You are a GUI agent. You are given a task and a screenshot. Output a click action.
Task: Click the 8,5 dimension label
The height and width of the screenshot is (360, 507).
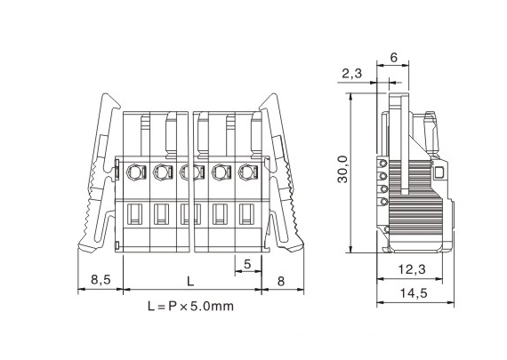tap(101, 279)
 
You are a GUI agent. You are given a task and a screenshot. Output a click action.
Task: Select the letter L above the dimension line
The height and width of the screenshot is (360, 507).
tap(190, 281)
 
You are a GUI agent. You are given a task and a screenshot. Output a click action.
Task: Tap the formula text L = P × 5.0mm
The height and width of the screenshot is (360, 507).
tap(190, 306)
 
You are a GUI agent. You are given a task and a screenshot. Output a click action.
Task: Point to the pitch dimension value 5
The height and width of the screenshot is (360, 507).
tap(247, 264)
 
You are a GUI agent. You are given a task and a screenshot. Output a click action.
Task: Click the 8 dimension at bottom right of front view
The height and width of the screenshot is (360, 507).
tap(281, 281)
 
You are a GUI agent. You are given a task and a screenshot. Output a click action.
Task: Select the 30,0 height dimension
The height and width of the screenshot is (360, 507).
tap(342, 169)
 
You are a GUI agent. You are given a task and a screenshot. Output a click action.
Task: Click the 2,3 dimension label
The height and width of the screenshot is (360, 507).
tap(352, 74)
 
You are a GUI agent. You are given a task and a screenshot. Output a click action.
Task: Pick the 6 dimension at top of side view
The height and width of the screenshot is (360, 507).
tap(393, 58)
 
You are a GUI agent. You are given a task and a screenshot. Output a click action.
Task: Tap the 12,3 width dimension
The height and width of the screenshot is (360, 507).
tap(412, 269)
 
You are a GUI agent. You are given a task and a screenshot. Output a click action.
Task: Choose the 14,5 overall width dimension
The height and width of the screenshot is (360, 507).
tap(414, 293)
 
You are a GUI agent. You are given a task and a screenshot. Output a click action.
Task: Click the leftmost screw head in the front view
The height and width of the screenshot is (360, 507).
tap(133, 172)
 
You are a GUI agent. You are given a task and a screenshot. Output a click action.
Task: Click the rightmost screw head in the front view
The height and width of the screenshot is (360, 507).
tap(245, 172)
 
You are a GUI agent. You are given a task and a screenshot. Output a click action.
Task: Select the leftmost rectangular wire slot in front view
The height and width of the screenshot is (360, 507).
tap(134, 213)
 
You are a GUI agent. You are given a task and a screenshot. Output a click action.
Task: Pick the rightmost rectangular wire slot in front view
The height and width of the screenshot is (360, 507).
tap(246, 213)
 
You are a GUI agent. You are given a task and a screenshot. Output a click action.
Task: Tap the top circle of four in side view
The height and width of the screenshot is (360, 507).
tap(383, 163)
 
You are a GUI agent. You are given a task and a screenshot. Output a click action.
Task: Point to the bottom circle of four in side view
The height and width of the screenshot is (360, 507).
tap(383, 202)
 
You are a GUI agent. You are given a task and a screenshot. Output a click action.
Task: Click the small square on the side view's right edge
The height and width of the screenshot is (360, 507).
tap(439, 172)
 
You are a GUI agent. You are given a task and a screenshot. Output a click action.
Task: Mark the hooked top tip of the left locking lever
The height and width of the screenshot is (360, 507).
tap(105, 95)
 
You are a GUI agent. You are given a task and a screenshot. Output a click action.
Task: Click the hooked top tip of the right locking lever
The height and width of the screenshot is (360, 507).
tap(275, 95)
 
